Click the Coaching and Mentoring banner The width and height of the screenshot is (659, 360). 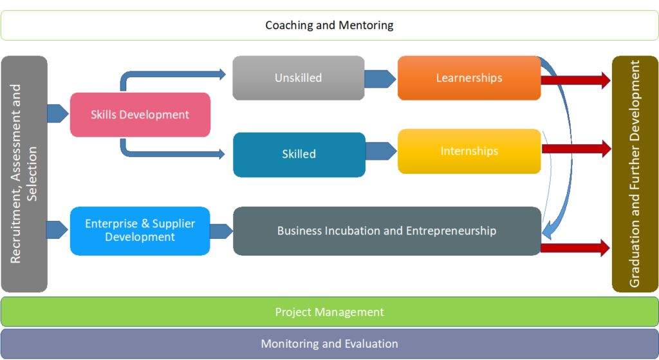click(329, 26)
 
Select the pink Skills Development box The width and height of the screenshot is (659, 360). click(140, 115)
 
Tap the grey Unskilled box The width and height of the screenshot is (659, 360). click(298, 78)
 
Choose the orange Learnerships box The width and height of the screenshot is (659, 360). click(469, 78)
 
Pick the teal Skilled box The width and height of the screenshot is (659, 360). click(299, 154)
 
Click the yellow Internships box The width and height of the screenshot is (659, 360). click(469, 151)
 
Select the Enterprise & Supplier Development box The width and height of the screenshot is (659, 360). click(140, 231)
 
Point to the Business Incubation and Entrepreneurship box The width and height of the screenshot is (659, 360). click(386, 231)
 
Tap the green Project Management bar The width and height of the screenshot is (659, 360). click(329, 312)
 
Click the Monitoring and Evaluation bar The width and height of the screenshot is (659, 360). click(329, 344)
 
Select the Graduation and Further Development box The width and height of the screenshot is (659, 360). click(635, 174)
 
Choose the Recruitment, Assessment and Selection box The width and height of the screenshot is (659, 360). click(24, 174)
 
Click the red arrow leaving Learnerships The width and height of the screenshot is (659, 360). click(575, 81)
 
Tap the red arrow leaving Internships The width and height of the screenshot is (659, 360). click(575, 149)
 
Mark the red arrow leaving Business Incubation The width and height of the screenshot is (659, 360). click(575, 247)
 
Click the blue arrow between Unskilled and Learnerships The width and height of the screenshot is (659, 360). click(380, 79)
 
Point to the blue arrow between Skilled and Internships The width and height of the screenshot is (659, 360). click(381, 151)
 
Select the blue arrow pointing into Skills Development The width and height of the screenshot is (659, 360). click(57, 114)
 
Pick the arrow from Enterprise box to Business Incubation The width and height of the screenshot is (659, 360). click(221, 231)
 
